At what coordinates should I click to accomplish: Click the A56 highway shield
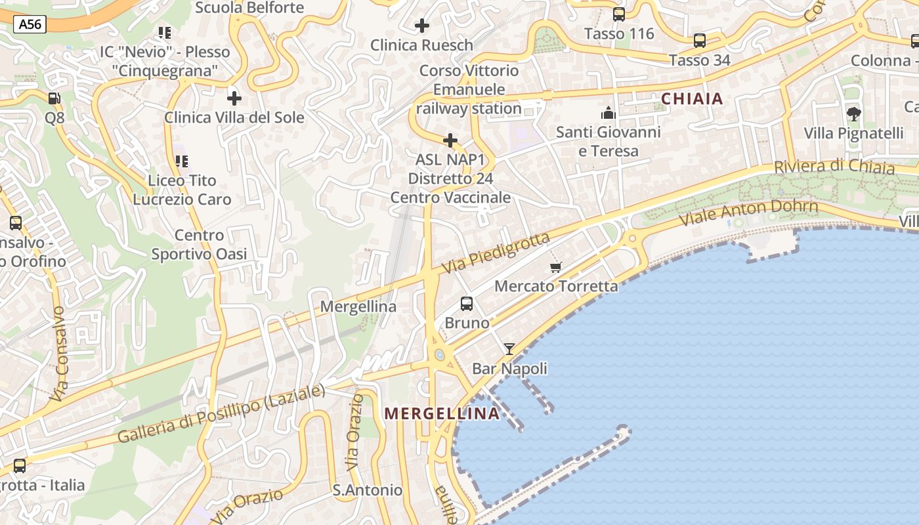30,25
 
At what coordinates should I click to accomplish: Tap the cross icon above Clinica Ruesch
422,26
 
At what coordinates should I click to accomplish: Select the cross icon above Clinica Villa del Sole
234,98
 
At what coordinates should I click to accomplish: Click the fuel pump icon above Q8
54,98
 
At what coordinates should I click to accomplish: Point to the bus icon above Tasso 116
618,14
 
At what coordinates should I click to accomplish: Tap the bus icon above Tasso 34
699,41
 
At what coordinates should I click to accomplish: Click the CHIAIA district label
692,99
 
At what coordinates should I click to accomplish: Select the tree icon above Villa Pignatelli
853,114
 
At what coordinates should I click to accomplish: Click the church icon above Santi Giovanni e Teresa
608,113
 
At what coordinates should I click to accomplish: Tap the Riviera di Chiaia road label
834,166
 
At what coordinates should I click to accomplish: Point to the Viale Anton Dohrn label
748,213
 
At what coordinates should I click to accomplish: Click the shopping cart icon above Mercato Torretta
555,267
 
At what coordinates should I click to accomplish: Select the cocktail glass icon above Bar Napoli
509,349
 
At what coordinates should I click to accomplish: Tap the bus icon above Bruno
467,303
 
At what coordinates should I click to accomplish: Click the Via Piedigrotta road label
496,253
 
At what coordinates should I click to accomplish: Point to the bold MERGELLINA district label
442,413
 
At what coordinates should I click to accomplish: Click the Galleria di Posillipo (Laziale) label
221,414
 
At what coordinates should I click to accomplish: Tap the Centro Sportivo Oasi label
199,245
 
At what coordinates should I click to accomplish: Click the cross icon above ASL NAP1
450,140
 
